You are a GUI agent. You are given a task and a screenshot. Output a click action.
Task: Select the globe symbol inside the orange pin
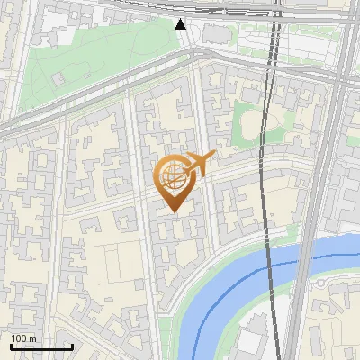(172, 175)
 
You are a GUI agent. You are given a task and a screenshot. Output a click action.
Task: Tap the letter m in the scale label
(32, 338)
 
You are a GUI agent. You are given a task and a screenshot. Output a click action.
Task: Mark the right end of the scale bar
(72, 346)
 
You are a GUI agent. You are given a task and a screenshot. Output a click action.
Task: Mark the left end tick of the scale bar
(11, 346)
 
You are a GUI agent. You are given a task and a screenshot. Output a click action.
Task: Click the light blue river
(236, 274)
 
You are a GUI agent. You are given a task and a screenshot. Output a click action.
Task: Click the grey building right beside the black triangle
(216, 34)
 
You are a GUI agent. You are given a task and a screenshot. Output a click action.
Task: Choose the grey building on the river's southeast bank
(252, 337)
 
